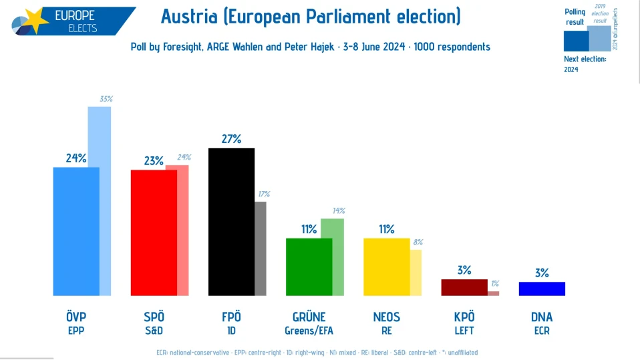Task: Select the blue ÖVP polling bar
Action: click(76, 231)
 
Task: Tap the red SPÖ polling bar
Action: click(154, 232)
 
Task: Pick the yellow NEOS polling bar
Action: click(386, 266)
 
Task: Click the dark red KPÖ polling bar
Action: click(464, 287)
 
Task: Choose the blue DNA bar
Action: click(542, 289)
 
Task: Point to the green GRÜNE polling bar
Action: click(309, 266)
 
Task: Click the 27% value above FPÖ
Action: click(231, 139)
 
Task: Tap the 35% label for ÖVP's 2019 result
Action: click(106, 99)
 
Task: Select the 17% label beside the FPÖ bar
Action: click(264, 194)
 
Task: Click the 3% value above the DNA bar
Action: click(542, 273)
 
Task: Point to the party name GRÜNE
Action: click(309, 317)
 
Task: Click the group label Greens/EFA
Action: click(309, 330)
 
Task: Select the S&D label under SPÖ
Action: click(154, 330)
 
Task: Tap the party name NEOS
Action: click(386, 317)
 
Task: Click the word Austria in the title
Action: click(190, 16)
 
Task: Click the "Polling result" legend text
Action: click(575, 17)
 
